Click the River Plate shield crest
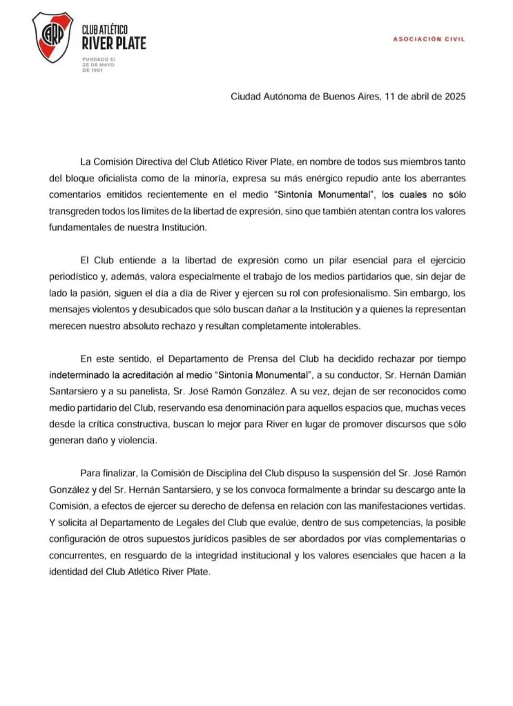coord(52,37)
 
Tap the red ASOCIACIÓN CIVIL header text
coord(429,39)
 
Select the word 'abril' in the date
coord(408,97)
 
